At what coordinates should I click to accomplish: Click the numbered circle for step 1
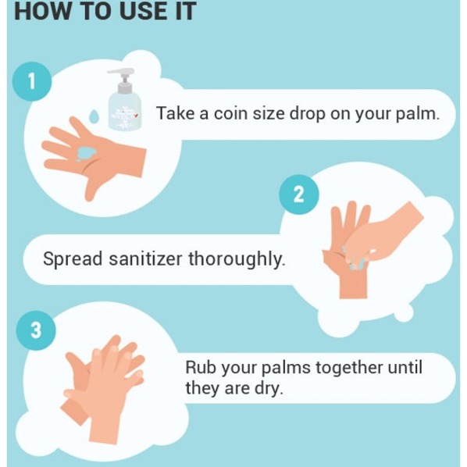(x=31, y=81)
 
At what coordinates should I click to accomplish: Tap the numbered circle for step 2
(x=299, y=194)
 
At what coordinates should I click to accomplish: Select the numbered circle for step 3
(x=36, y=330)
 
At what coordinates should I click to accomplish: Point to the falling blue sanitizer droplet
(x=94, y=116)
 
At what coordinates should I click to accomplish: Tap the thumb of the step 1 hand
(x=92, y=187)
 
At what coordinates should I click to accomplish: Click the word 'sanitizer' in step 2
(x=145, y=258)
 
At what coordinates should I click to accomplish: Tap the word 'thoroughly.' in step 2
(x=237, y=259)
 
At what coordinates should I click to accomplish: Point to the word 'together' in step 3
(x=349, y=368)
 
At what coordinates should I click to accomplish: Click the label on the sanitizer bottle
(x=125, y=115)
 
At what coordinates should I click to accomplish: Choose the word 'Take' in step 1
(x=176, y=113)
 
